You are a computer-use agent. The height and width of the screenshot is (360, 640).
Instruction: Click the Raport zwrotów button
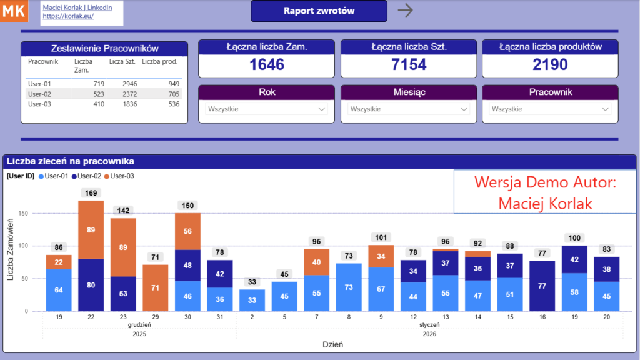point(319,11)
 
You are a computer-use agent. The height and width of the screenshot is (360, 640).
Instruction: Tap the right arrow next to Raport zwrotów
point(406,11)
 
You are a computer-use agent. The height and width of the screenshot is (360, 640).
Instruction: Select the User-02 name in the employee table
point(39,94)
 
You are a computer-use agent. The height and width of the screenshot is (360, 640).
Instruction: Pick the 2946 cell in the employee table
point(129,84)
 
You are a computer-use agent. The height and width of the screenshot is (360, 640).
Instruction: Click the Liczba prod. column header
point(160,61)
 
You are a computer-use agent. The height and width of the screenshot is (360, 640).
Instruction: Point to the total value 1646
point(267,64)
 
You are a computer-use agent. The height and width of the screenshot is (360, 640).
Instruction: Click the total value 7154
point(409,64)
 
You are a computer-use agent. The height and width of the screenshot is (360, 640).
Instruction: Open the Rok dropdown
point(267,109)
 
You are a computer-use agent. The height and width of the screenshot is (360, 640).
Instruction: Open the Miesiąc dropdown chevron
point(464,109)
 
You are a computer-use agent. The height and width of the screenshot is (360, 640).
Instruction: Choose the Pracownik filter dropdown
point(551,109)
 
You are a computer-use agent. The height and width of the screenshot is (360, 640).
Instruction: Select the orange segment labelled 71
point(156,287)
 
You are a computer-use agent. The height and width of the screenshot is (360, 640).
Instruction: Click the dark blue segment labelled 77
point(542,286)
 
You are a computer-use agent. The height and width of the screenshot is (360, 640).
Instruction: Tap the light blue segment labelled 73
point(349,287)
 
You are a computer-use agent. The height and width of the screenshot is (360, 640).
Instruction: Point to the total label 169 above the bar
point(91,193)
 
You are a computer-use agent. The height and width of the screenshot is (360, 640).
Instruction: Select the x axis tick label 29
point(156,317)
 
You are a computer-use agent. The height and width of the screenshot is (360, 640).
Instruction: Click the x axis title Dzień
point(332,344)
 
